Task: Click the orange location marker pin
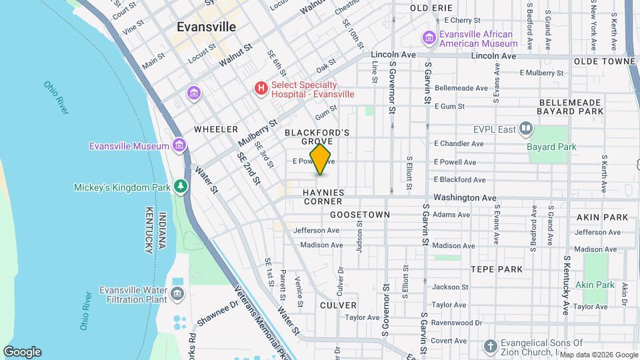point(320,159)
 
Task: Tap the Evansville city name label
point(206,27)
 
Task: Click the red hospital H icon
point(261,87)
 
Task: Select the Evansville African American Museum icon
point(429,39)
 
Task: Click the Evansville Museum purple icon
point(179,145)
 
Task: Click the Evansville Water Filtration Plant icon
point(177,293)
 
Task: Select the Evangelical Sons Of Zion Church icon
point(490,347)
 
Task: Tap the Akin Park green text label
point(595,285)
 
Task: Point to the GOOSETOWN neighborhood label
point(360,215)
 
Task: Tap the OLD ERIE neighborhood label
point(431,8)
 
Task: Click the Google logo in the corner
point(22,352)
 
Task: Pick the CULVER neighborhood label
point(338,305)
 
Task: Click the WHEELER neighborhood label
point(216,129)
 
